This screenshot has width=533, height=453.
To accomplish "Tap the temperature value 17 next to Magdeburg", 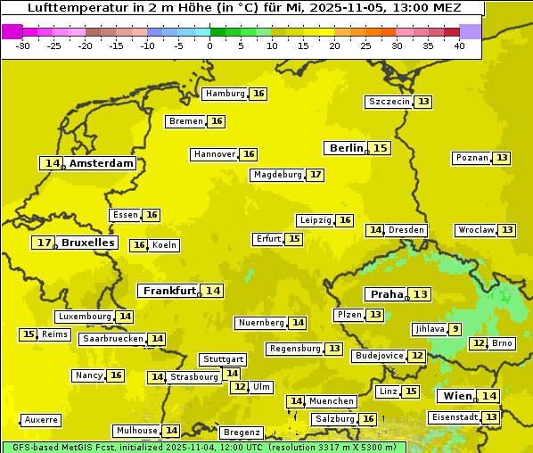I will click(316, 175).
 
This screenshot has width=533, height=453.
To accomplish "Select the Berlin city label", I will click(346, 148).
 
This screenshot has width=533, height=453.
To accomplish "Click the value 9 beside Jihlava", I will click(455, 329).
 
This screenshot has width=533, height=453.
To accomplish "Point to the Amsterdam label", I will click(102, 163).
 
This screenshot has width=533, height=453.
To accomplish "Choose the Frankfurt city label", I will click(169, 291).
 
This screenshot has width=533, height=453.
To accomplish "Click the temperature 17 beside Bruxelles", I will click(43, 243).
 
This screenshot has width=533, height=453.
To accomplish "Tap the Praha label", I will click(387, 294).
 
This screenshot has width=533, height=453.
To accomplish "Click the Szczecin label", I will click(389, 102).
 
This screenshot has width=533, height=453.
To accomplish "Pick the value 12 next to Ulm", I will click(239, 387).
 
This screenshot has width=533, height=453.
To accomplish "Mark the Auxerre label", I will click(41, 419).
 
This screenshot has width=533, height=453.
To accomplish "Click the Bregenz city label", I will click(241, 432).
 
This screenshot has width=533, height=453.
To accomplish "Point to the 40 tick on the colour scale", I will click(458, 45).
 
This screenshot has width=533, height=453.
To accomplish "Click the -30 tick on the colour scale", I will click(23, 45).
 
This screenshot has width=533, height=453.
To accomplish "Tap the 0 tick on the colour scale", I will click(209, 45).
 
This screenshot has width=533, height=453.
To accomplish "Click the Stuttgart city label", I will click(223, 359).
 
